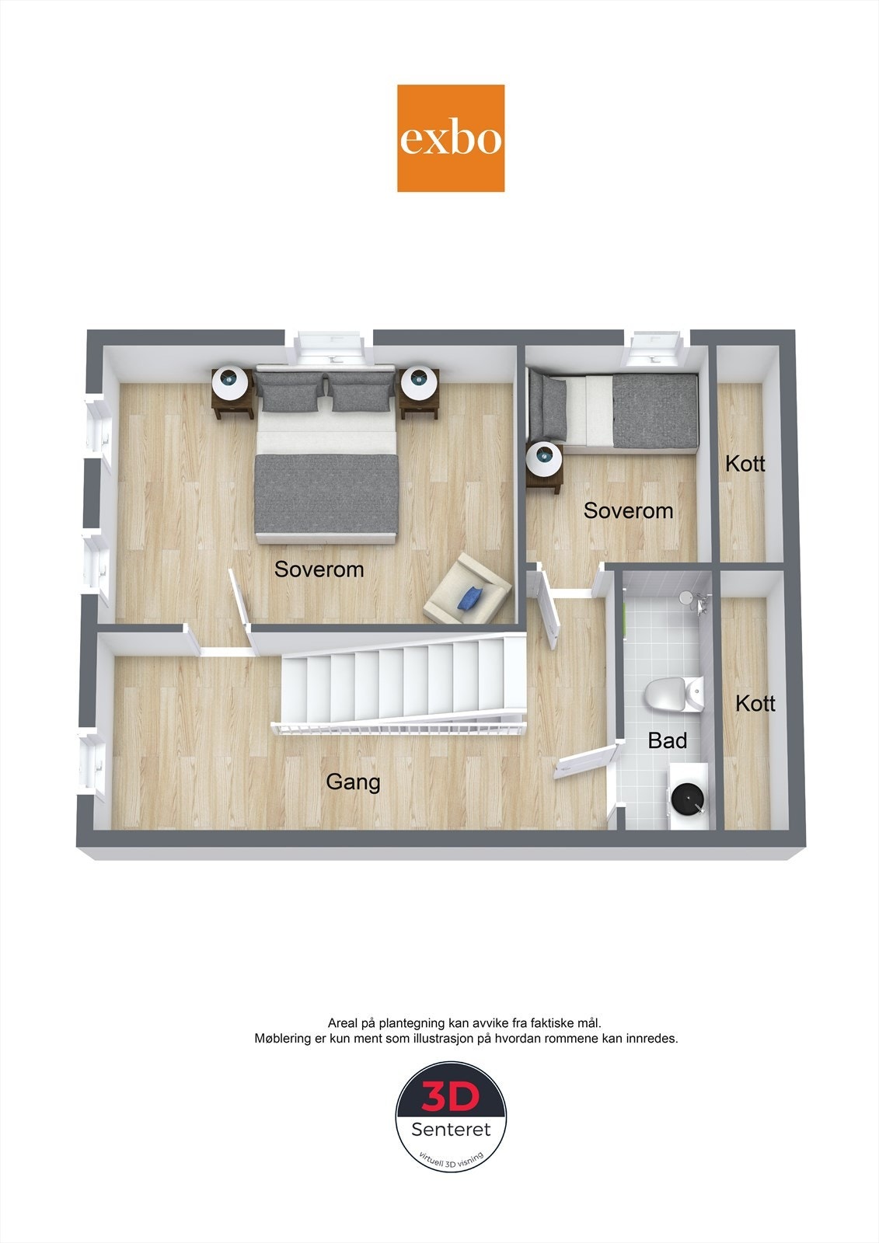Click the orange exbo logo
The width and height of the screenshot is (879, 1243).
tap(451, 138)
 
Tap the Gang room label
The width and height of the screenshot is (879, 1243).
tap(353, 782)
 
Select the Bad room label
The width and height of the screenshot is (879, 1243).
tap(668, 740)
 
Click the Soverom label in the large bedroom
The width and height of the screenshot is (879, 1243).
tap(319, 569)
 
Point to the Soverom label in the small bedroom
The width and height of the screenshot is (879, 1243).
tap(628, 510)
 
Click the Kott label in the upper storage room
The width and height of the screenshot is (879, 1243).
tap(745, 464)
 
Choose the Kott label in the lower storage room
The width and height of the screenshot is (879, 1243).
tap(755, 703)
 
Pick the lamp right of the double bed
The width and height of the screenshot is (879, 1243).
tap(420, 381)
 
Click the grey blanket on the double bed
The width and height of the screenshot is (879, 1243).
tap(326, 494)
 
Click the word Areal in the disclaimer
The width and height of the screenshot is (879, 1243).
tap(343, 1023)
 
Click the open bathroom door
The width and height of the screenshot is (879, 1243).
tap(584, 759)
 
